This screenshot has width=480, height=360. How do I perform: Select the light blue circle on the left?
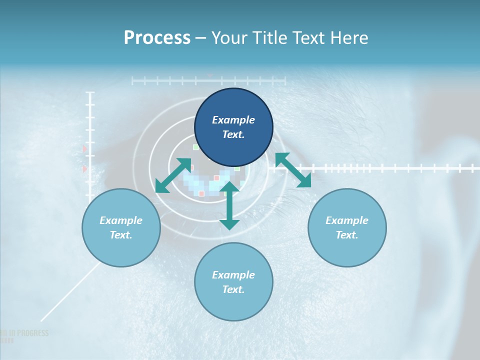[x=121, y=227]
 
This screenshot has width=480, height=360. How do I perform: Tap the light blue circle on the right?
[x=347, y=227]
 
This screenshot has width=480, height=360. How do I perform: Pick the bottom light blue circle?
[x=233, y=282]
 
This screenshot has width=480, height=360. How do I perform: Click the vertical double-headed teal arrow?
[x=229, y=205]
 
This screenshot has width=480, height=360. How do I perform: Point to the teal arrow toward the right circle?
[x=293, y=170]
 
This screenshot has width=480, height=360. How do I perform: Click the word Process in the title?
[x=157, y=37]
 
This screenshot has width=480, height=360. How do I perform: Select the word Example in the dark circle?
[x=233, y=120]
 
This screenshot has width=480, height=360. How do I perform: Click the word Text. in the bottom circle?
[x=233, y=289]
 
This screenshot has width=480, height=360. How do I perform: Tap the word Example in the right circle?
[x=347, y=220]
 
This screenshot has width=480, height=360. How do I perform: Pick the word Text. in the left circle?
[x=121, y=235]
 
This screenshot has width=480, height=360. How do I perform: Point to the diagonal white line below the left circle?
[x=70, y=292]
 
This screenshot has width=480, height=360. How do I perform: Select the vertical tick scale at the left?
[x=90, y=145]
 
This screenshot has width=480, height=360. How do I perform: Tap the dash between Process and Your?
[x=200, y=38]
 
